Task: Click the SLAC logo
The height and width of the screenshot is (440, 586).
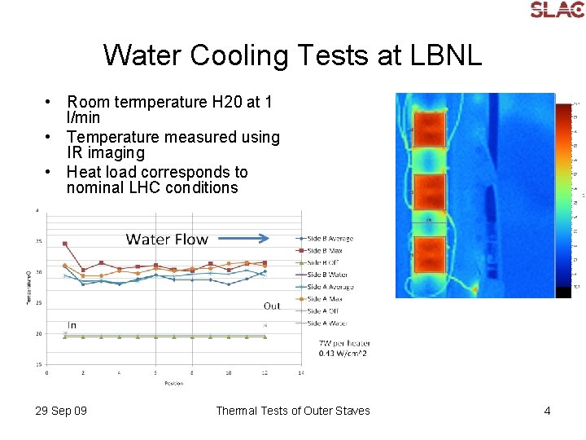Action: pyautogui.click(x=557, y=10)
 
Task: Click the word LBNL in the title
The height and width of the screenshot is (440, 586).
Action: pyautogui.click(x=444, y=56)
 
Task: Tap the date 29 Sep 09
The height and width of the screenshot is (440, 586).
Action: pyautogui.click(x=61, y=411)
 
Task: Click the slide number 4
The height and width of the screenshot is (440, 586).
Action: pyautogui.click(x=547, y=411)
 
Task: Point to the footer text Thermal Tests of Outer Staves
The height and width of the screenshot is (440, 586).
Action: pyautogui.click(x=292, y=411)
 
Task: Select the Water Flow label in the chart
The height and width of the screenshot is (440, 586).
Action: pyautogui.click(x=167, y=240)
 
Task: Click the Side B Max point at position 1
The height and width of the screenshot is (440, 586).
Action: pyautogui.click(x=64, y=244)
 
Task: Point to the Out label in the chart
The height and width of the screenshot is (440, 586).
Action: pyautogui.click(x=272, y=306)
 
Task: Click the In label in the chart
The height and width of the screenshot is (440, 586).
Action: pyautogui.click(x=72, y=324)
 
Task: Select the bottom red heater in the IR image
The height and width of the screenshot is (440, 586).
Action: pyautogui.click(x=425, y=255)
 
